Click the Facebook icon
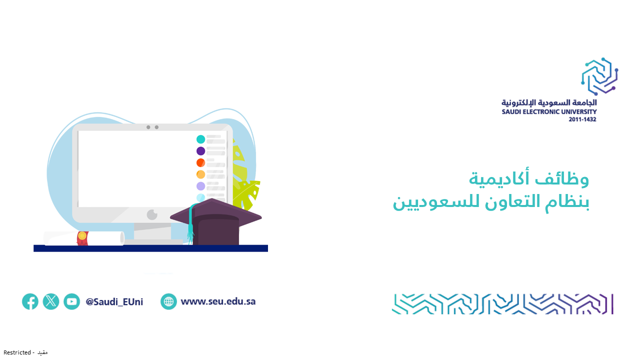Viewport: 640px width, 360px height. [30, 301]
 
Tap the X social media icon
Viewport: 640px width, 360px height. [51, 301]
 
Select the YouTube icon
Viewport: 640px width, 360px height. [71, 301]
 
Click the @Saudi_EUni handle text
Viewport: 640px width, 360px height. [114, 301]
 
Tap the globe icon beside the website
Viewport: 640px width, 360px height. [168, 301]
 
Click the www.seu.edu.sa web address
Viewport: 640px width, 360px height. [218, 301]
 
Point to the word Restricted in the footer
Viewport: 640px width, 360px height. [17, 352]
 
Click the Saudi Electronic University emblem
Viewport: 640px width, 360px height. [599, 76]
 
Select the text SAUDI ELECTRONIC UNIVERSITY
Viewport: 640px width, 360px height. [549, 111]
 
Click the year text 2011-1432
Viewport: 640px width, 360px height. [582, 119]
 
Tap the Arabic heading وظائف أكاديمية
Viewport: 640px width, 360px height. [529, 178]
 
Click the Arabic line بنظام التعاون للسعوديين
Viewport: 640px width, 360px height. [491, 202]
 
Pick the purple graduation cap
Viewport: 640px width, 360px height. [216, 221]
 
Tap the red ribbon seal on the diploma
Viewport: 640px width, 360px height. [82, 238]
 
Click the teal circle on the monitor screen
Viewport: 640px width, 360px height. [200, 139]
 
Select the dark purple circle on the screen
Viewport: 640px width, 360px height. [200, 151]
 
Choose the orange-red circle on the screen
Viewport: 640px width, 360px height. [200, 162]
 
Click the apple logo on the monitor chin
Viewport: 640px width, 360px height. [152, 214]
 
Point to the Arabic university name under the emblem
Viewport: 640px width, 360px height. [549, 102]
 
